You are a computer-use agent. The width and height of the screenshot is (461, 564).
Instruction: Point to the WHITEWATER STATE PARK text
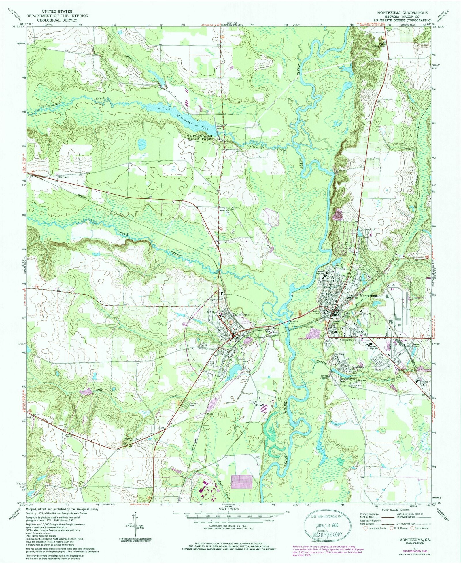[199, 137]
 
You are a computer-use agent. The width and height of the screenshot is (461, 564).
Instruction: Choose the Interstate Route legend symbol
[366, 528]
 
